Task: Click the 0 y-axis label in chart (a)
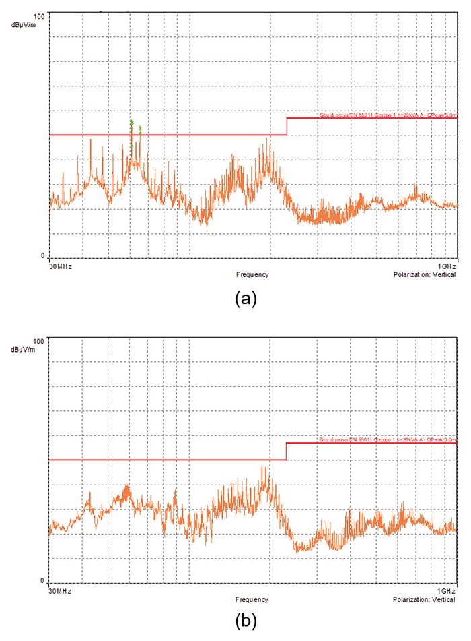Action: pyautogui.click(x=42, y=256)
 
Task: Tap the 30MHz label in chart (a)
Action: pyautogui.click(x=60, y=266)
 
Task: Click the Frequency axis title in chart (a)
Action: pyautogui.click(x=252, y=274)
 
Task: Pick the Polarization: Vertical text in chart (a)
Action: pyautogui.click(x=425, y=274)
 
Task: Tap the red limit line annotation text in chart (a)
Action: pyautogui.click(x=387, y=115)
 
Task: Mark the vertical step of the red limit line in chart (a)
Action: pyautogui.click(x=287, y=126)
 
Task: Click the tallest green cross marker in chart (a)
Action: pyautogui.click(x=132, y=121)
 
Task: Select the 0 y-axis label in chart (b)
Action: pyautogui.click(x=42, y=581)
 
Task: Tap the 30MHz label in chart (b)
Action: pyautogui.click(x=60, y=590)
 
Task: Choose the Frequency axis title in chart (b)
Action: pyautogui.click(x=252, y=599)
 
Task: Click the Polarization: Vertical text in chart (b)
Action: pyautogui.click(x=425, y=599)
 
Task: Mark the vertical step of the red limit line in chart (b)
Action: pyautogui.click(x=287, y=451)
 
